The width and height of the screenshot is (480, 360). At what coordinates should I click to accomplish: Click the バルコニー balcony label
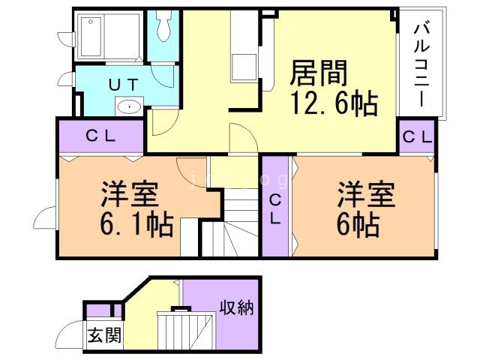pos(421,64)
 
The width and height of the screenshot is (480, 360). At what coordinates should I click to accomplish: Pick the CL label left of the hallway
pos(99,136)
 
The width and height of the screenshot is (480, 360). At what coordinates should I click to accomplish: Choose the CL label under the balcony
pos(417,136)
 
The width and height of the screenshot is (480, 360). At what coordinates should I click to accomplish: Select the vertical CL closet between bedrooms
pos(274,207)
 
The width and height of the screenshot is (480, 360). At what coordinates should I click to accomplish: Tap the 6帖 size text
pos(358,223)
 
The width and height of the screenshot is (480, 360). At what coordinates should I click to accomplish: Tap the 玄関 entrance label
pos(103,335)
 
